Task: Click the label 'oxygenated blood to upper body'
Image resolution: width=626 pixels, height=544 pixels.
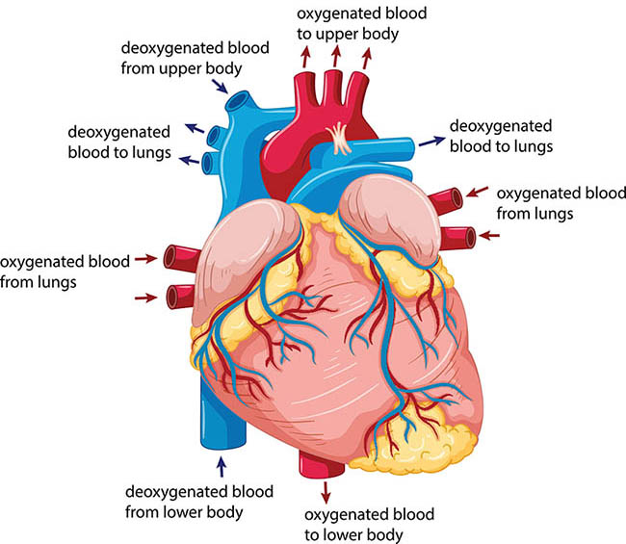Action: pos(362,23)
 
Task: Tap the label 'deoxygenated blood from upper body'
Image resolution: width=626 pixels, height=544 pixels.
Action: pos(195,59)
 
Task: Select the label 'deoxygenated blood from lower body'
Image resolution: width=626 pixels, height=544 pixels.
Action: pos(199,502)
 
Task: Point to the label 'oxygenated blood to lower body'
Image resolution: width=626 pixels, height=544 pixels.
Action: pos(369,525)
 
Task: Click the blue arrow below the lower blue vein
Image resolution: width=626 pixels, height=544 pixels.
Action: pos(222,467)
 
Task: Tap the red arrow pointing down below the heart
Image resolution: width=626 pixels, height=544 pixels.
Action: pos(326,493)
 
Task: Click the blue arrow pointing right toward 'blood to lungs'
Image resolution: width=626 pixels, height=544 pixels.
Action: pos(431,141)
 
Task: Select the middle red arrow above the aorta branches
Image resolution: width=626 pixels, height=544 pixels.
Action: pos(336,56)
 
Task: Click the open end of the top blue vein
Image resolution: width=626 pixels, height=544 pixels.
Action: pos(239,100)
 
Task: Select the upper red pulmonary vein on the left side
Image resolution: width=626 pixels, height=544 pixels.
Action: pos(182,258)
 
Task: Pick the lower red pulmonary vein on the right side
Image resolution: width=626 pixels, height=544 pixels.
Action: pos(457,238)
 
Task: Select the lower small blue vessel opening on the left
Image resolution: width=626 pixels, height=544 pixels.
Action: pos(207,164)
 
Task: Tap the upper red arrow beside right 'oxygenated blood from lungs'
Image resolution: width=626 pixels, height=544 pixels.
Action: pos(477,192)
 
